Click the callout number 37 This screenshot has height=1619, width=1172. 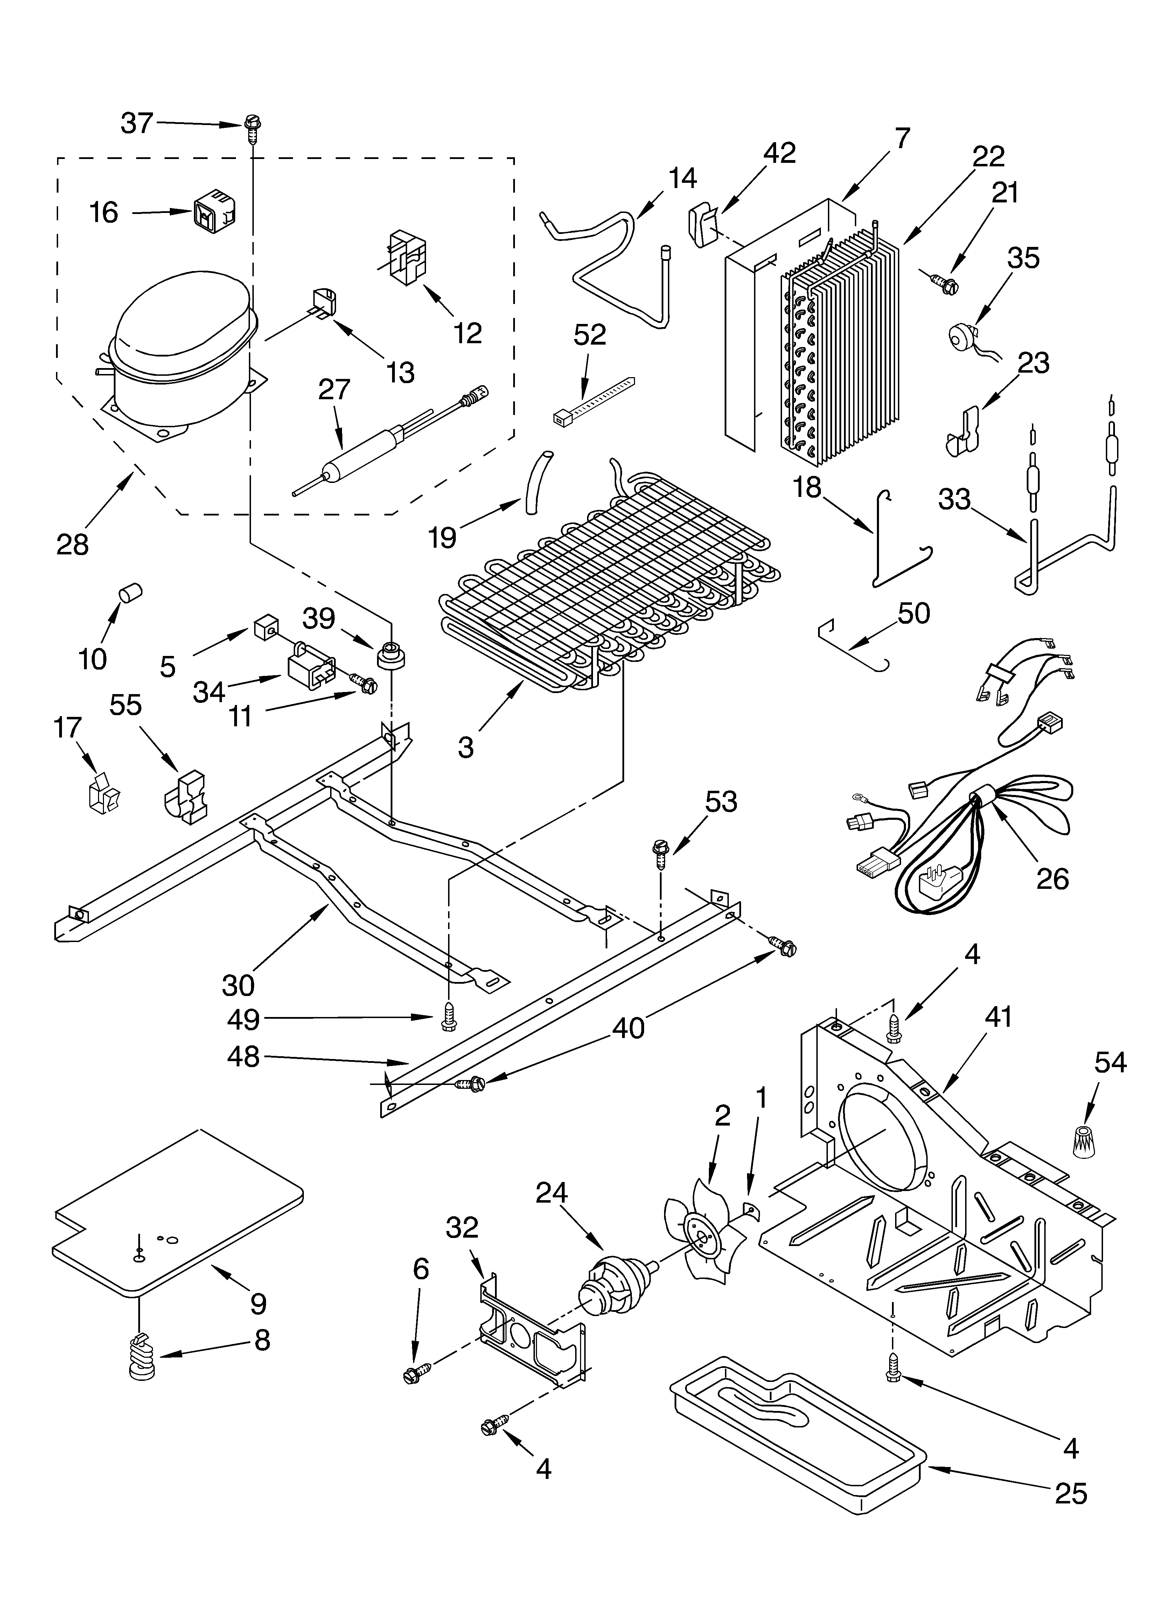pyautogui.click(x=137, y=124)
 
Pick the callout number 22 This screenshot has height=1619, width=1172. pyautogui.click(x=989, y=156)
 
